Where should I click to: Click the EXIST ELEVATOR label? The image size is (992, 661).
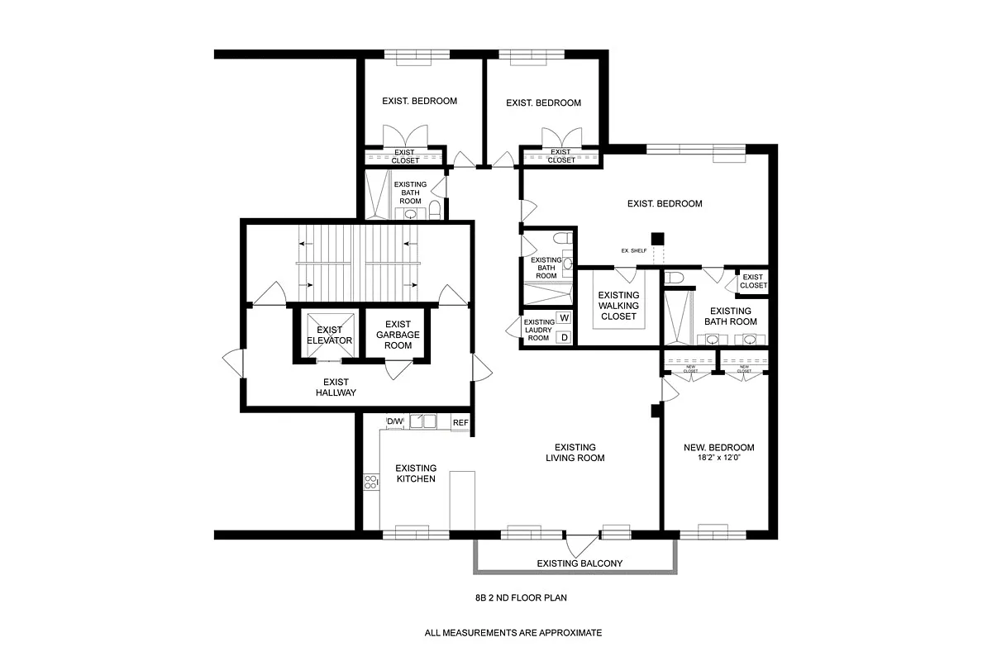point(330,335)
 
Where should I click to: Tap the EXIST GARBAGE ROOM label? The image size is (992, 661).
point(398,335)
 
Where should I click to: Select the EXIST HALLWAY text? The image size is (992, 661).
point(336,387)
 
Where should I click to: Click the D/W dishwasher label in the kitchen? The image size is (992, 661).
point(395,422)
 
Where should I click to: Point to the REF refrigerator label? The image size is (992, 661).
point(460,423)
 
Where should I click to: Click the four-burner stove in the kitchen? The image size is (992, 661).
point(372,482)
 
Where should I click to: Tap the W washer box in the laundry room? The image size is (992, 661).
point(565,317)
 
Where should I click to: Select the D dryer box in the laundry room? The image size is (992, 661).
point(565,337)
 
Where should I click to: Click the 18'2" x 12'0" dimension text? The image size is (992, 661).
point(718,460)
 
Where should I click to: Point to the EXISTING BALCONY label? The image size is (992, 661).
point(579,564)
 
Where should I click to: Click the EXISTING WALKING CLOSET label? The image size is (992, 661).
point(618,306)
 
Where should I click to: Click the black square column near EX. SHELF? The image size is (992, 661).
point(657,239)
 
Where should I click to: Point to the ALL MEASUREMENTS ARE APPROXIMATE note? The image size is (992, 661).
point(513,633)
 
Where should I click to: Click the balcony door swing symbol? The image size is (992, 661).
point(579,546)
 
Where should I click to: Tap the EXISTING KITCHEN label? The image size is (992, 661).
point(415,473)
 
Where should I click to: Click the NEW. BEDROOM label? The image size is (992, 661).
point(718,448)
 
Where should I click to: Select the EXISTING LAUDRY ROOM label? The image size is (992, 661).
point(538,330)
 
